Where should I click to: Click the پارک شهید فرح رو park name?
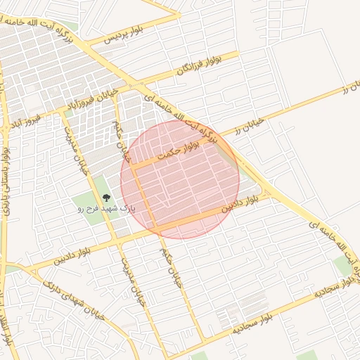pos(105,209)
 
